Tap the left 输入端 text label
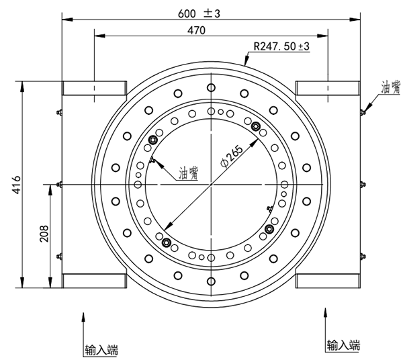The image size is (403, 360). point(101,350)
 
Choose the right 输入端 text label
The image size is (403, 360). point(343,346)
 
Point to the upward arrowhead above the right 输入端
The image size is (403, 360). point(326,314)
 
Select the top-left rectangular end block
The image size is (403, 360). point(95,89)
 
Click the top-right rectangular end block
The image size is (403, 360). point(328,89)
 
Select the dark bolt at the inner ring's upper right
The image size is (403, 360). point(255,125)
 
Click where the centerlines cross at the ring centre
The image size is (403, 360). point(212,184)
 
